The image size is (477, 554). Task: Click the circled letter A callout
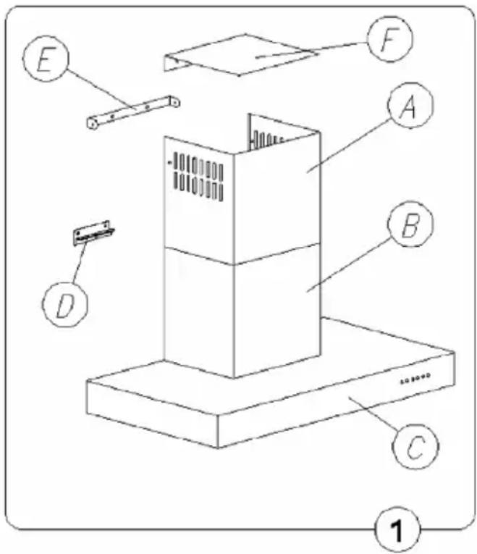point(410,105)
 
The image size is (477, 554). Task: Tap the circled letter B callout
point(410,224)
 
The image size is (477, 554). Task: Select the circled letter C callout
point(415,447)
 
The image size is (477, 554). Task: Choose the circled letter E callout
point(46,59)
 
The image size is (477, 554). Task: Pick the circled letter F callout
point(389,39)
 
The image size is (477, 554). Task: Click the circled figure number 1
point(397,529)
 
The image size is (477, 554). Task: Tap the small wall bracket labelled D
point(93,232)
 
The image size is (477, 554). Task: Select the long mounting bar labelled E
point(133,112)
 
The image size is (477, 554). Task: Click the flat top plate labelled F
point(241,54)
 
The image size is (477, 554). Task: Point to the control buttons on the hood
point(415,379)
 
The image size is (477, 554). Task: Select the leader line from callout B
point(348,265)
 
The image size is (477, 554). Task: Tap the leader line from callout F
point(312,50)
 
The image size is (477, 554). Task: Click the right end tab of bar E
point(174,101)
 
